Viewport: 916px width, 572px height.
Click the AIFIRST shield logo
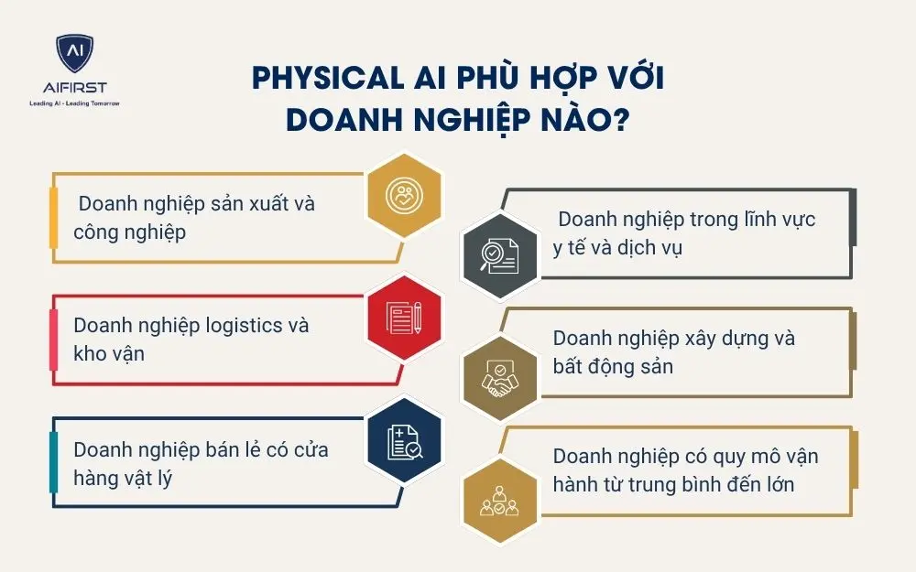(x=73, y=55)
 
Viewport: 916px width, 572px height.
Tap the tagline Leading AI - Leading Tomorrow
(x=73, y=103)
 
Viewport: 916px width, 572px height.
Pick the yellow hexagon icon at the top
(x=404, y=194)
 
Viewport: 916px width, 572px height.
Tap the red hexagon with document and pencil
(x=404, y=318)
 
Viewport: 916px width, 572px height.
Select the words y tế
(x=572, y=249)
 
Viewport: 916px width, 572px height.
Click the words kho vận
(x=109, y=354)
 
